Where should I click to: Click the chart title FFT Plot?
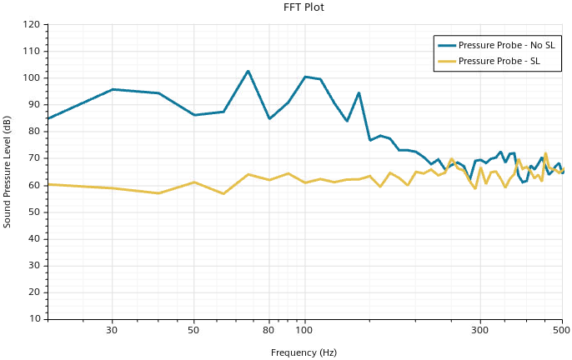(x=304, y=7)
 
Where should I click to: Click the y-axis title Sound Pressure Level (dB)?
(x=8, y=172)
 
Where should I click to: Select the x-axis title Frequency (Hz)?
(x=304, y=352)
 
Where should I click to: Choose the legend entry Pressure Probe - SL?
(x=501, y=61)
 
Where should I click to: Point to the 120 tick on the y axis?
(x=32, y=25)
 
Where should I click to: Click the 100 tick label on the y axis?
(x=32, y=78)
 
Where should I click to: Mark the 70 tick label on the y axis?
(x=34, y=158)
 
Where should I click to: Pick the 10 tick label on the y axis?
(x=34, y=318)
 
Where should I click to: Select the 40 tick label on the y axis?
(x=34, y=238)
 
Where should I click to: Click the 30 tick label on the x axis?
(x=112, y=330)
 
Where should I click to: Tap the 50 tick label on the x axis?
(x=194, y=330)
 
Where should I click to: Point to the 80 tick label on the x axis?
(x=269, y=330)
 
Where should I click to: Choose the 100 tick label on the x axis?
(x=305, y=330)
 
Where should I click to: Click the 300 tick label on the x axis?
(x=480, y=330)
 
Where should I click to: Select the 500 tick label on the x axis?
(x=562, y=330)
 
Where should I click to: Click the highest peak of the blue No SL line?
(x=248, y=71)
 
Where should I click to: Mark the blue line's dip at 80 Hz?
(x=269, y=118)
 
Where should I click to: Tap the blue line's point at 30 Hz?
(x=112, y=89)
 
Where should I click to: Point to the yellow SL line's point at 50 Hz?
(x=194, y=182)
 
